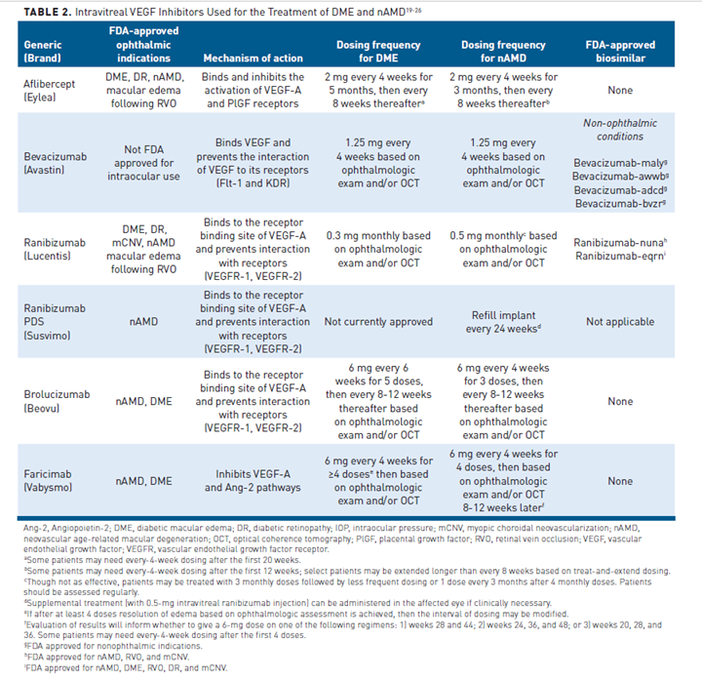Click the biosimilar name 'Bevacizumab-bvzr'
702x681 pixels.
pos(618,202)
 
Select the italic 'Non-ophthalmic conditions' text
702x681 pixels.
pos(620,130)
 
